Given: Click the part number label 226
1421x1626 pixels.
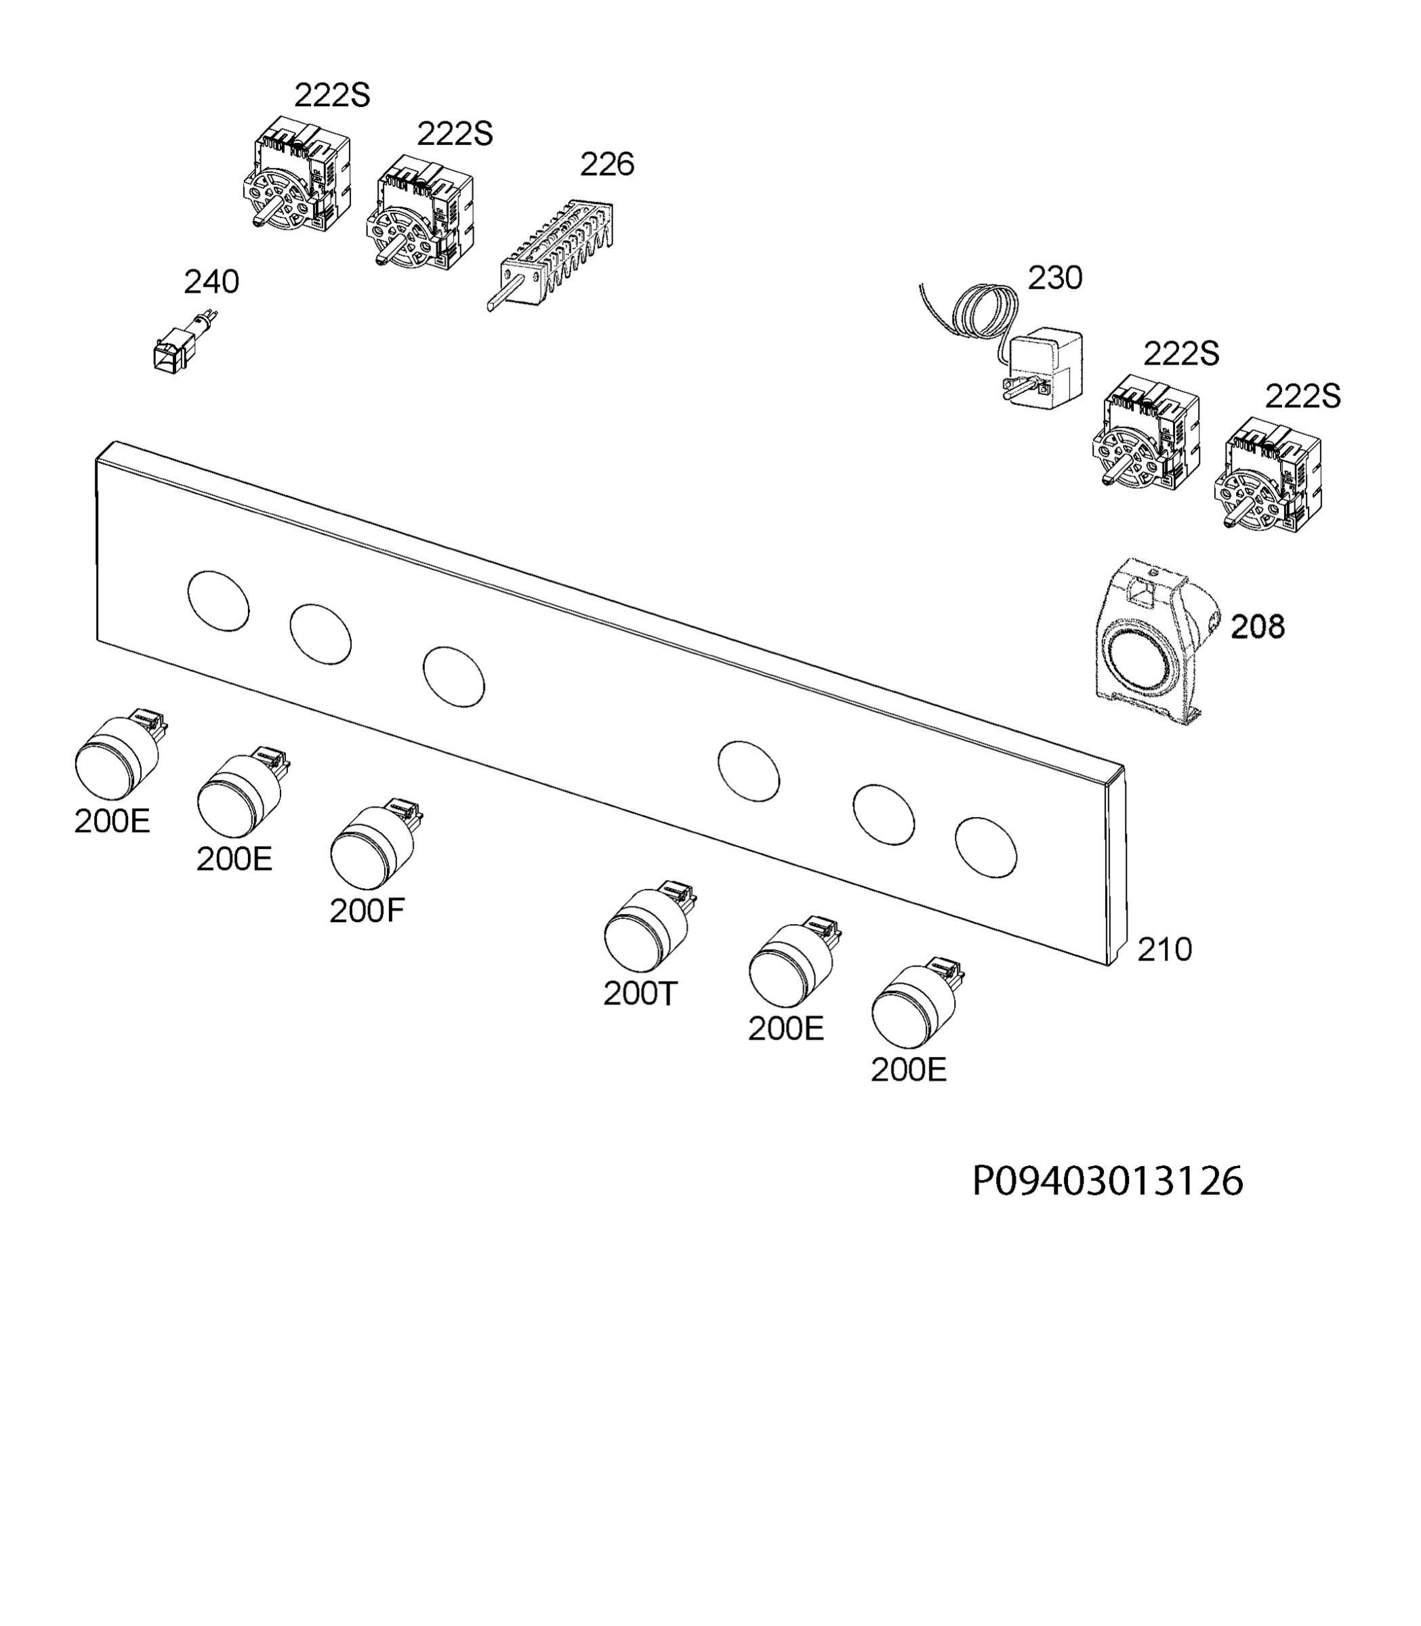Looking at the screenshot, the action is click(606, 165).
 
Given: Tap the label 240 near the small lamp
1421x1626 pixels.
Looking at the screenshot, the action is click(211, 283).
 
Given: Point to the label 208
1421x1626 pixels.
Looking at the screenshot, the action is click(1258, 627).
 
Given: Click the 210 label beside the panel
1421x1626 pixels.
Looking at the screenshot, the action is click(1164, 949).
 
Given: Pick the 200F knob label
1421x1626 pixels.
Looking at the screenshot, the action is click(367, 912).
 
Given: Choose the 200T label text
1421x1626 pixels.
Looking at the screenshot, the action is click(641, 993).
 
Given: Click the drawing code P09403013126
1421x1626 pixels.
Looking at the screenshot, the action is click(1108, 1182).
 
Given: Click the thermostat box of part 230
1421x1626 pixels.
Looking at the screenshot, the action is click(1044, 370).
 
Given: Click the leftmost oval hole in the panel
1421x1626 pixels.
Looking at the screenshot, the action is click(218, 602).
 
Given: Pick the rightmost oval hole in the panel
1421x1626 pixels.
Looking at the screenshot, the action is click(986, 848).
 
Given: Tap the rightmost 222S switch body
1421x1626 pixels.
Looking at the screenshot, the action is click(1268, 475).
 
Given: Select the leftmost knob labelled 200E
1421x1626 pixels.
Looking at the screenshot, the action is click(120, 755).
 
